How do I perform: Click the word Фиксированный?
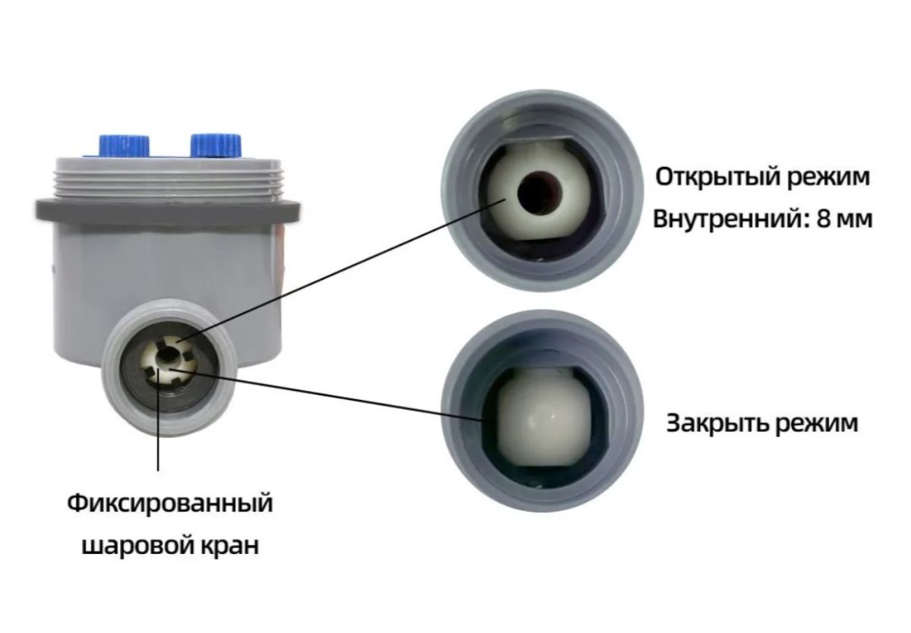point(169,503)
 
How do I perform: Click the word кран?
point(229,545)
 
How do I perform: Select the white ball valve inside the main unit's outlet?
point(168,363)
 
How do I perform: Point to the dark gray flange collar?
point(168,212)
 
